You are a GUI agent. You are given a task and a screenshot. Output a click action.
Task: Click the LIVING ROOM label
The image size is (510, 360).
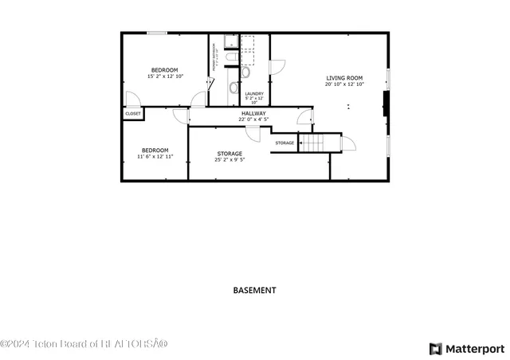click(344, 77)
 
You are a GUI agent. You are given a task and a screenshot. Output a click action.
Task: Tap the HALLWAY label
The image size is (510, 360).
click(254, 113)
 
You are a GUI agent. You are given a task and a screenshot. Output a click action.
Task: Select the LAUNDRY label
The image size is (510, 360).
click(254, 93)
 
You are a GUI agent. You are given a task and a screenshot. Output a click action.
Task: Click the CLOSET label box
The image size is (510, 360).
click(133, 114)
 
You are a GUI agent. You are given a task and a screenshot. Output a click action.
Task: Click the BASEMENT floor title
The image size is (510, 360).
click(254, 291)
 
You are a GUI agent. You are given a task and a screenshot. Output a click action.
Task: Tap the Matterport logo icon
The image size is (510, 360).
click(434, 349)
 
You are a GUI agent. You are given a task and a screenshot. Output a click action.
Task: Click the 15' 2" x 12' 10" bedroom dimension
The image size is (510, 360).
click(165, 76)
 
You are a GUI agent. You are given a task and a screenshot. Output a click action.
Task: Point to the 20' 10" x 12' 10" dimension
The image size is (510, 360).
click(344, 84)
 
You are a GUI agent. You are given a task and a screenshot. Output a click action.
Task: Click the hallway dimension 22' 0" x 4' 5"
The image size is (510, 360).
click(254, 119)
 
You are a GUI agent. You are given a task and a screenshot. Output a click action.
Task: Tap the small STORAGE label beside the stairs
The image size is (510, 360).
click(284, 143)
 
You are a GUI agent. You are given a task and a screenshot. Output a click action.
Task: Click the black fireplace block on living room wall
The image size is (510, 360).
click(386, 104)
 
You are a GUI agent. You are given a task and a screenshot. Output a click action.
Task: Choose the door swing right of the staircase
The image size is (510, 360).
click(348, 143)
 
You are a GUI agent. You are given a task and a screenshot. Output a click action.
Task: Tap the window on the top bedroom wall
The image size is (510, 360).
click(157, 33)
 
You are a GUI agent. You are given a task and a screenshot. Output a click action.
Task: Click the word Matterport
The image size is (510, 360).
click(474, 349)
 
